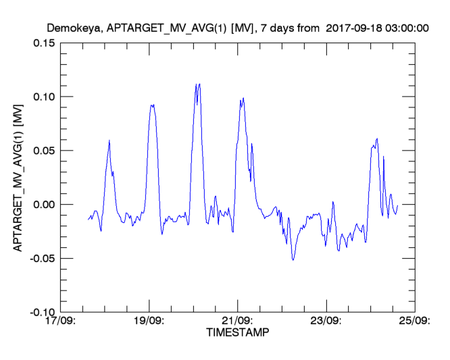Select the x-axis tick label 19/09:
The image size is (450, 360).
point(149,322)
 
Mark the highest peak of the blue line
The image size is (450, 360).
point(199,84)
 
